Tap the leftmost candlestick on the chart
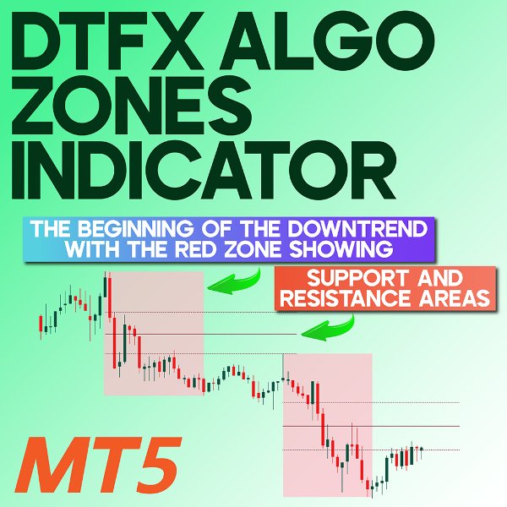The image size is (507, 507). pyautogui.click(x=41, y=323)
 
